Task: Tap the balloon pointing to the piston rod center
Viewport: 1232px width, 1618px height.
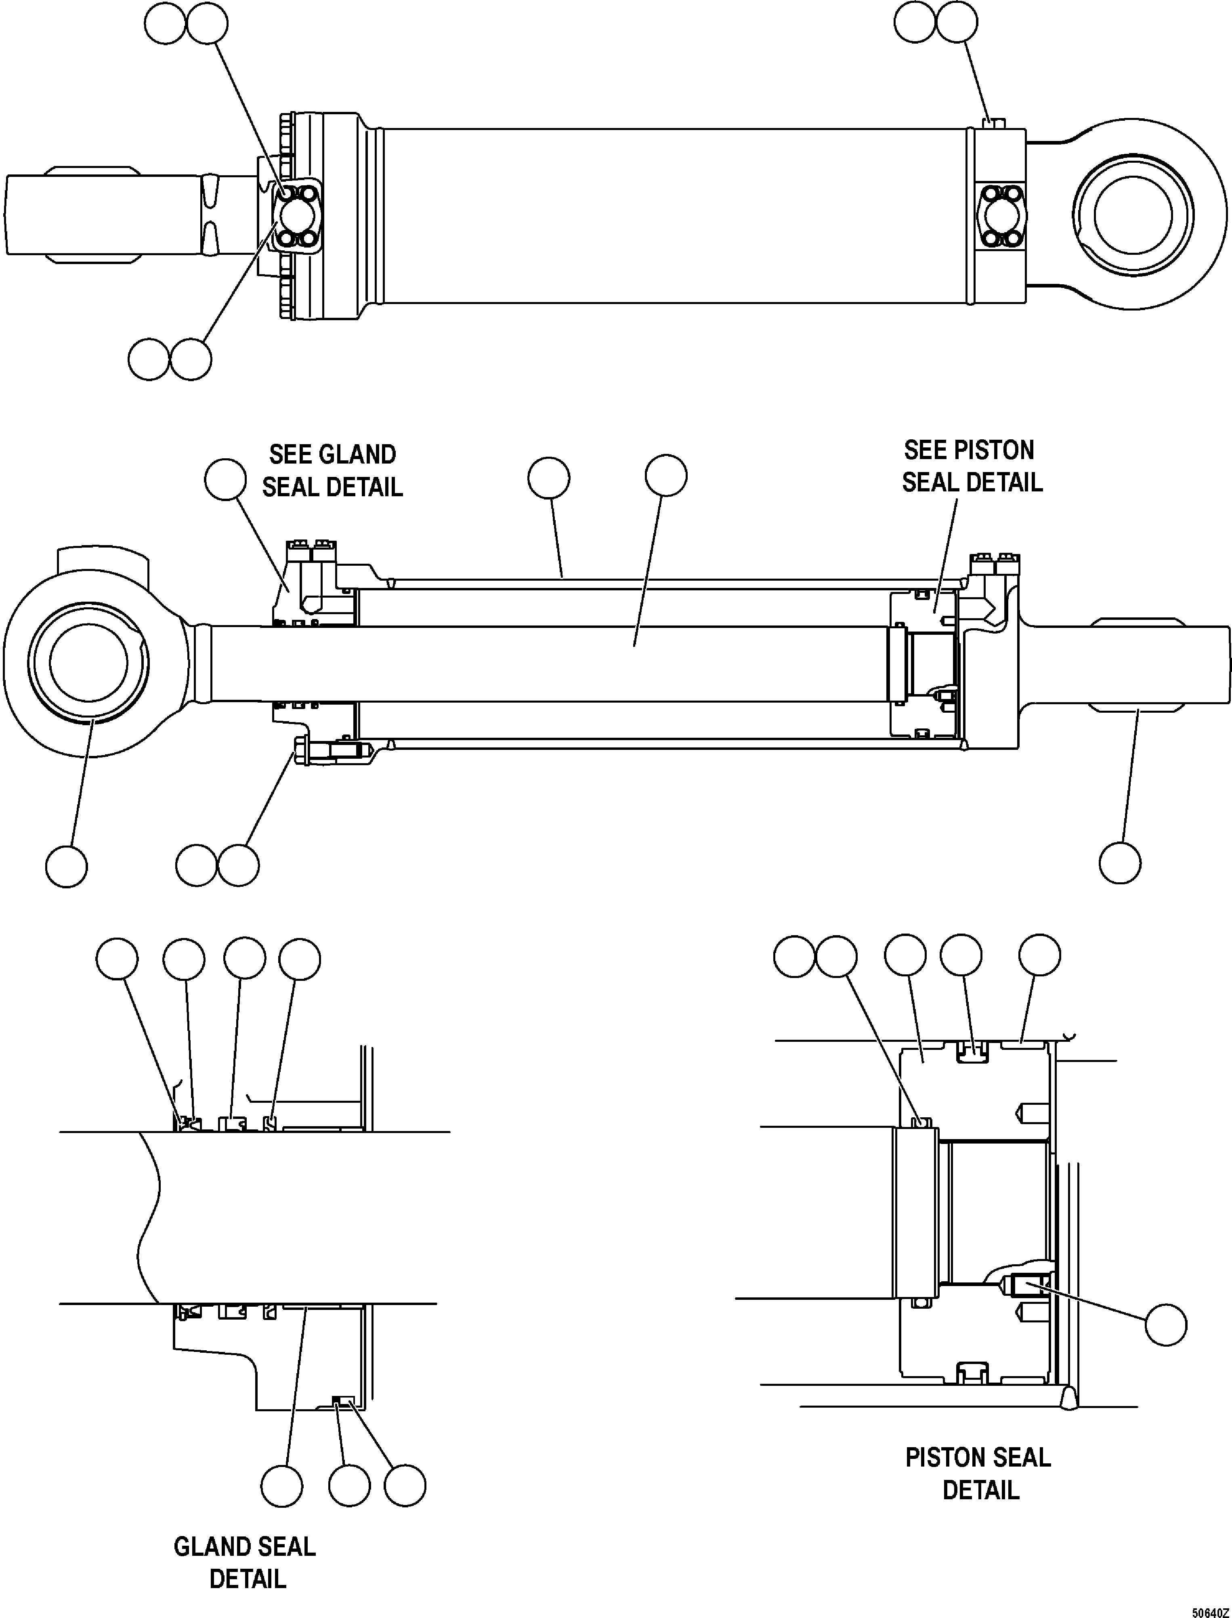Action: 666,476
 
